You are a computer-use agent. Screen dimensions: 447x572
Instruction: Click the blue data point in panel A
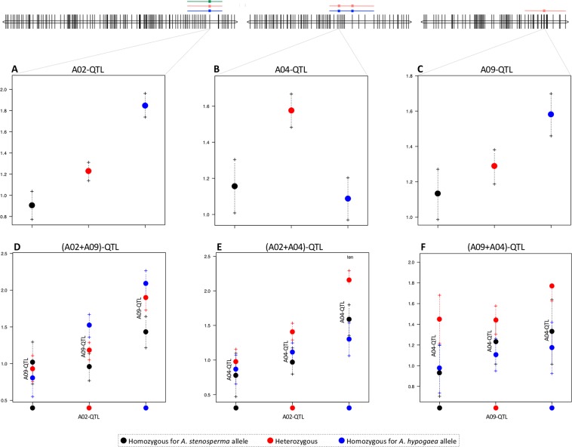(x=144, y=106)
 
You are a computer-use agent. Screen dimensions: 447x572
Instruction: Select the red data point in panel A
(x=89, y=171)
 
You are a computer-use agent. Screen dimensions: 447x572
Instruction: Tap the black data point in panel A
(x=32, y=205)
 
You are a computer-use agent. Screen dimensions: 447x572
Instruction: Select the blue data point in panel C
(x=551, y=114)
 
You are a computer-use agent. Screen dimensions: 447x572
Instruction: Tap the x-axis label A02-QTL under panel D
(x=89, y=416)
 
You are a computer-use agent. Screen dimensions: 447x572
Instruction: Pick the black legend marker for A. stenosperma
(x=121, y=439)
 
